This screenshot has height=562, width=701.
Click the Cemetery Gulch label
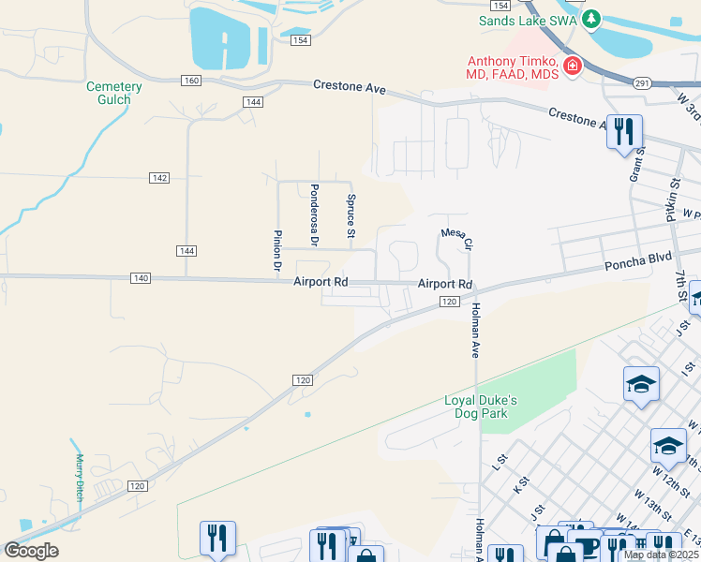(x=114, y=94)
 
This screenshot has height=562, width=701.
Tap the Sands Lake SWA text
(x=527, y=20)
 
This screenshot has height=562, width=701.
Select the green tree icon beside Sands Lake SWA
(x=590, y=19)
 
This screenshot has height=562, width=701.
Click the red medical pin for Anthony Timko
(x=571, y=67)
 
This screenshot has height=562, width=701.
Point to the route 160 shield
(x=191, y=81)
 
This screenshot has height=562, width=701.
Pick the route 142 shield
(x=158, y=177)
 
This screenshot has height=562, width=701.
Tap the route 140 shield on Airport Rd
(x=141, y=278)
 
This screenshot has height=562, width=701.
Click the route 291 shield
(x=642, y=82)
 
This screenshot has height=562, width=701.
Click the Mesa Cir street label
(x=456, y=240)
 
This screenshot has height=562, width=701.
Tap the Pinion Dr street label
(x=277, y=251)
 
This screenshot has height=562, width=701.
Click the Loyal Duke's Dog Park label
(x=481, y=407)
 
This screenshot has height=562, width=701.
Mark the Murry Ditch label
(x=81, y=477)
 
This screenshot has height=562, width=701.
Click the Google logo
(x=31, y=550)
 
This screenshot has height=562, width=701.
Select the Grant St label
(x=636, y=165)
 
